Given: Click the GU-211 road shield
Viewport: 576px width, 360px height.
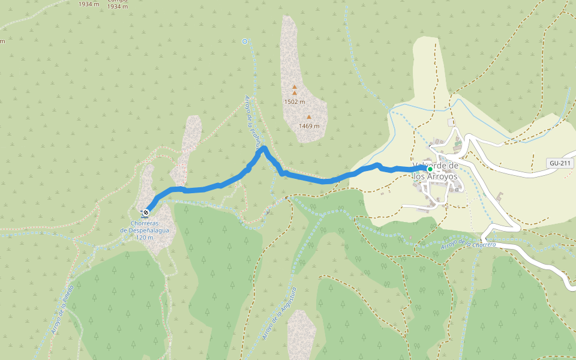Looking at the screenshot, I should pyautogui.click(x=559, y=163).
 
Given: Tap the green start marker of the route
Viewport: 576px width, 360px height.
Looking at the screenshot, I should pyautogui.click(x=430, y=169).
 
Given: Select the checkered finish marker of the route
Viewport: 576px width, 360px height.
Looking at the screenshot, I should pyautogui.click(x=145, y=212).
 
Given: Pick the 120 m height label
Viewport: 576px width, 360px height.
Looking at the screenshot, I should pyautogui.click(x=145, y=238).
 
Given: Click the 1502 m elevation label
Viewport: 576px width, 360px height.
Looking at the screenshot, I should pyautogui.click(x=295, y=102).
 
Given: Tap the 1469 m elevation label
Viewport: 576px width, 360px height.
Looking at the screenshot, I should pyautogui.click(x=309, y=126).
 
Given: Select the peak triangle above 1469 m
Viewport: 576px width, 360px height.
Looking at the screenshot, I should pyautogui.click(x=309, y=118).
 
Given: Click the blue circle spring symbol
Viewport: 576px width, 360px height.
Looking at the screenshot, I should pyautogui.click(x=245, y=41).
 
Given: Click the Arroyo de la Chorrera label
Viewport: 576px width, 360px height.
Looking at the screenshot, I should pyautogui.click(x=468, y=244).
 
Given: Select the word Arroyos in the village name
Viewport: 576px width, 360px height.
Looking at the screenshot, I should pyautogui.click(x=444, y=177).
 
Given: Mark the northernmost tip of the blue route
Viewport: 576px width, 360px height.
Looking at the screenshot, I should pyautogui.click(x=263, y=147).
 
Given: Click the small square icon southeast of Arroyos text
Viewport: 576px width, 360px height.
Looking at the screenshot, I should pyautogui.click(x=457, y=190).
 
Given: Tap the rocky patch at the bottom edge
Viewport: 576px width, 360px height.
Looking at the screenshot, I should pyautogui.click(x=301, y=336).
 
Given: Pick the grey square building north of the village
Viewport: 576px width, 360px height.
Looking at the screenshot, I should pyautogui.click(x=451, y=122).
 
